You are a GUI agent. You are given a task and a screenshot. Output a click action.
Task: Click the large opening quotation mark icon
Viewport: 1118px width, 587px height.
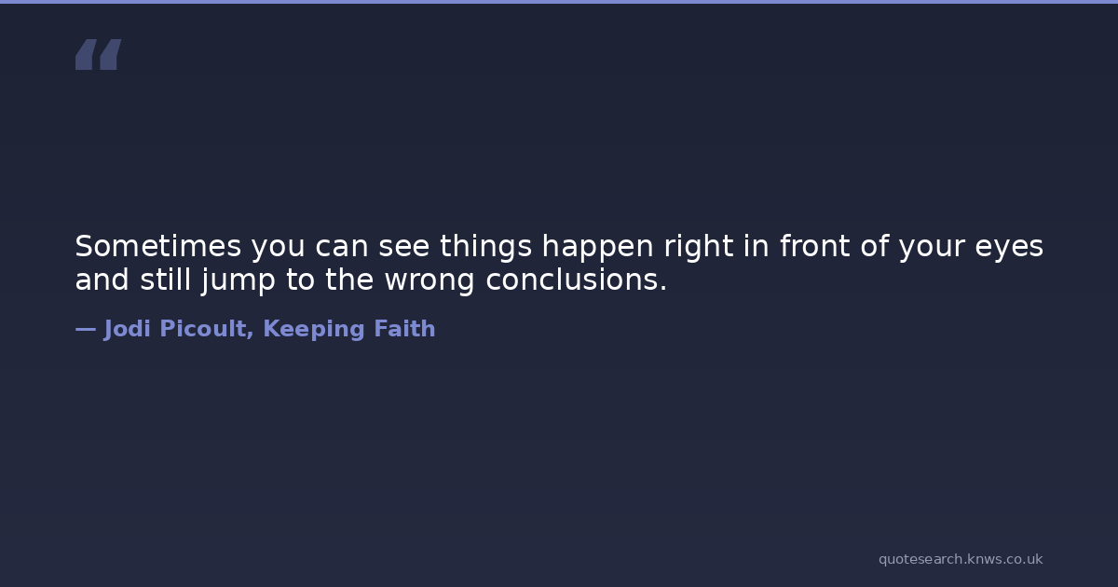tap(99, 54)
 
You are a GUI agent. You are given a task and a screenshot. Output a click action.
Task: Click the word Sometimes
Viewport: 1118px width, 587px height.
tap(158, 246)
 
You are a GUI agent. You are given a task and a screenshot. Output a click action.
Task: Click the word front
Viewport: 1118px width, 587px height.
tap(815, 246)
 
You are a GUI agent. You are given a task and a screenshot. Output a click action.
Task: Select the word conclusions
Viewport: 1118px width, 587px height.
tap(577, 280)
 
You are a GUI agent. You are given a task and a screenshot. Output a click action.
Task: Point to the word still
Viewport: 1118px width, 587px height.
tap(166, 279)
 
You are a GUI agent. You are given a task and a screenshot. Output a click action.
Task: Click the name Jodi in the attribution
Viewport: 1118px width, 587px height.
tap(128, 329)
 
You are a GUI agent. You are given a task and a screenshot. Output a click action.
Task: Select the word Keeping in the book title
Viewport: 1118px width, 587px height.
tap(314, 330)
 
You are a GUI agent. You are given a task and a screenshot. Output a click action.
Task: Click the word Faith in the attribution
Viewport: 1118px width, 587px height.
tap(404, 328)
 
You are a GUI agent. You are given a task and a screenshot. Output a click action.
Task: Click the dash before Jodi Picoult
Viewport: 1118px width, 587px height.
tap(86, 329)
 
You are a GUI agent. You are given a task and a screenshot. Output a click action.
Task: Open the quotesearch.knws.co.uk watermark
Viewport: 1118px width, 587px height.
tap(961, 560)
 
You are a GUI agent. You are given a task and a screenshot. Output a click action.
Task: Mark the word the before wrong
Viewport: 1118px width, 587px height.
tap(349, 279)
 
